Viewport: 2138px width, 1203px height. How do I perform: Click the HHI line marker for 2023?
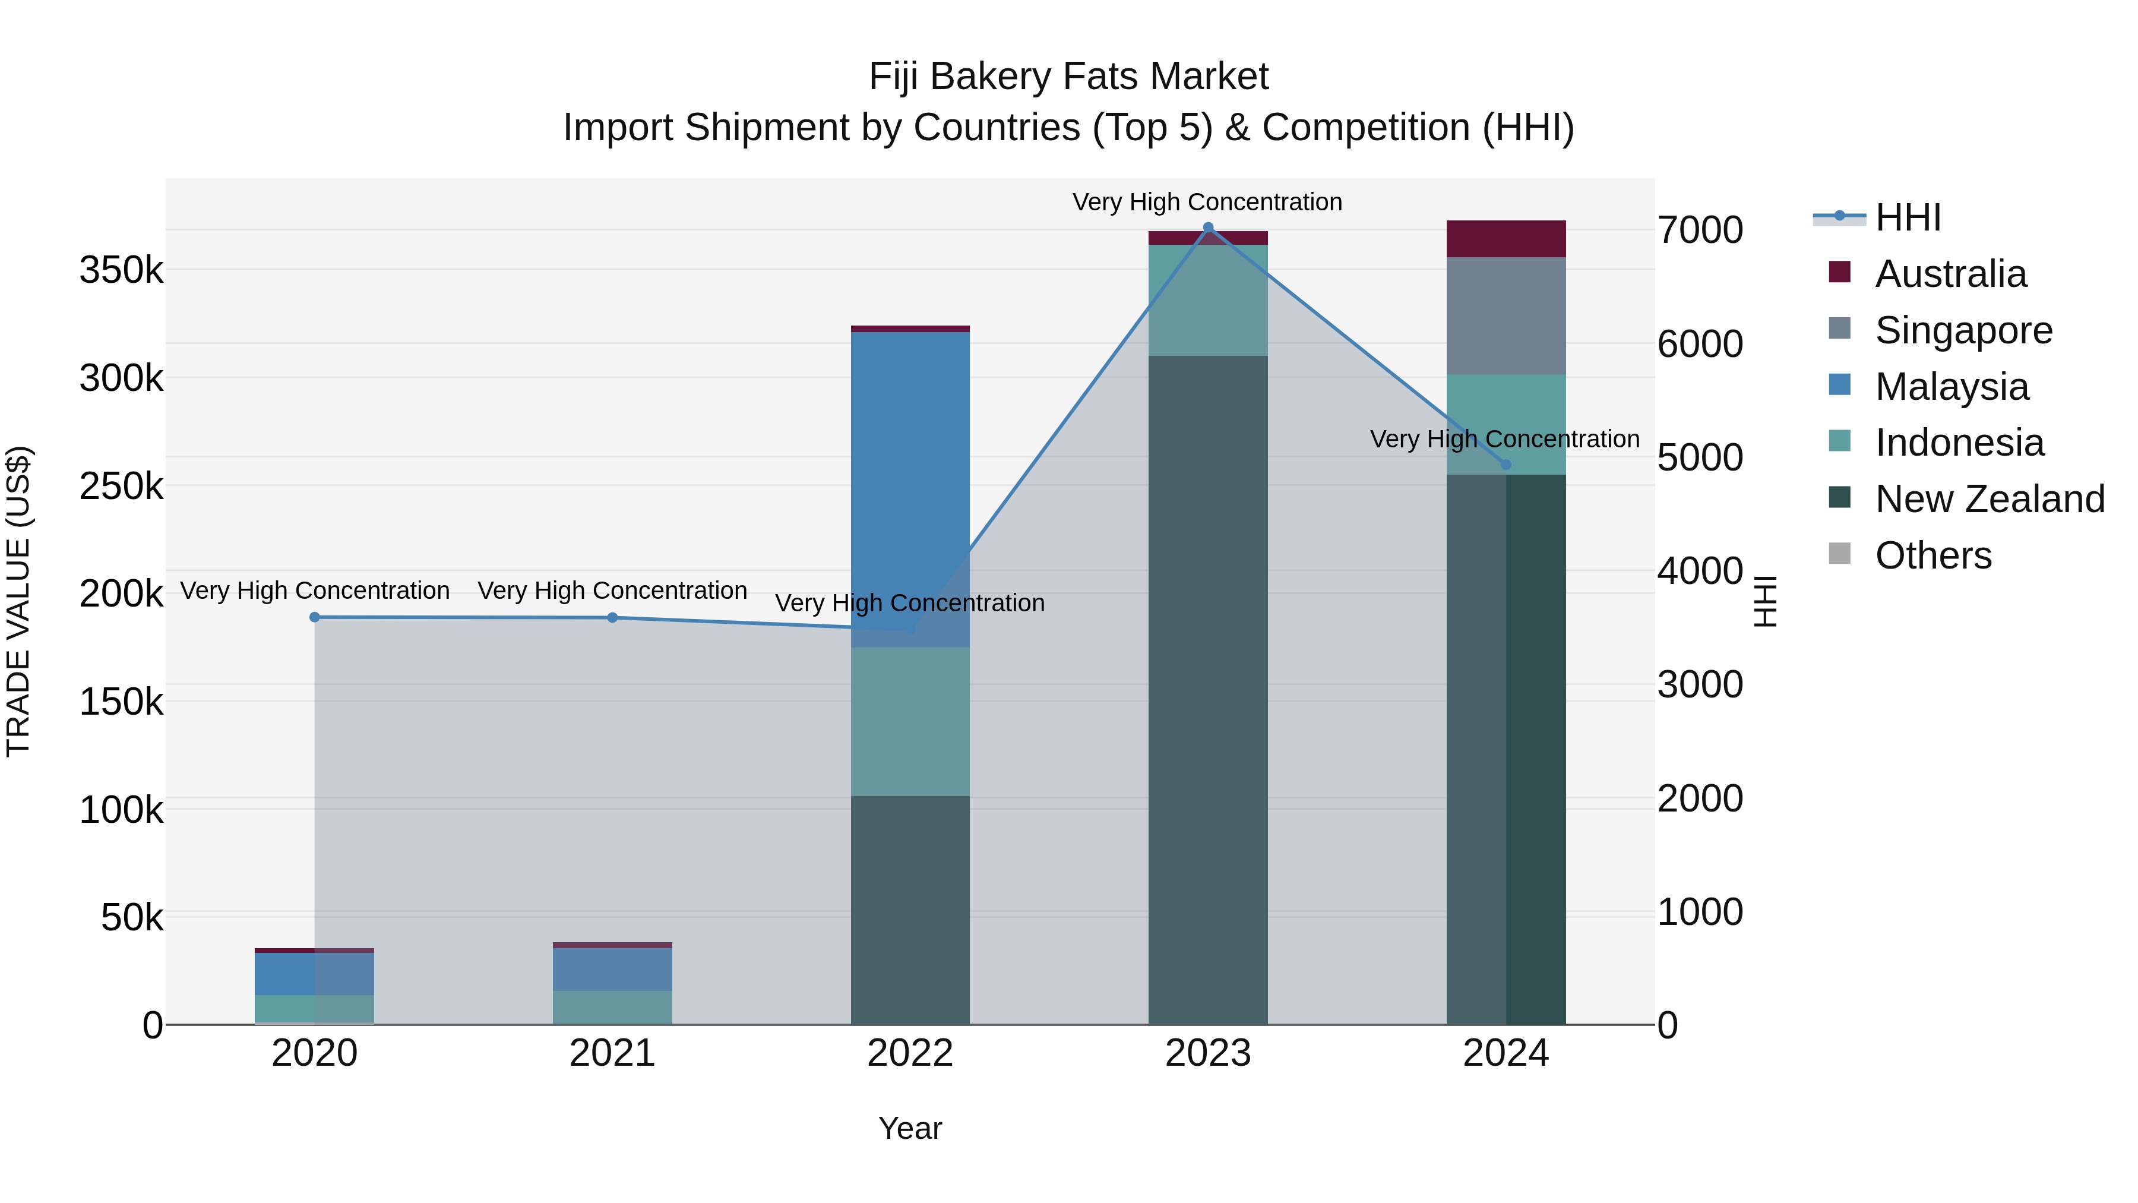point(1207,228)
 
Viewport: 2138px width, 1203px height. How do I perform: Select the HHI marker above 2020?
point(315,617)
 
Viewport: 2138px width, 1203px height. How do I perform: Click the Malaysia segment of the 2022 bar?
point(910,490)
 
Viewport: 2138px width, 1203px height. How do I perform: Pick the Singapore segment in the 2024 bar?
point(1506,315)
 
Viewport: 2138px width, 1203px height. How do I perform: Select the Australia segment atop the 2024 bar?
point(1506,239)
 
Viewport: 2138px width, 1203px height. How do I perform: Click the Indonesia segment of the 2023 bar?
point(1207,301)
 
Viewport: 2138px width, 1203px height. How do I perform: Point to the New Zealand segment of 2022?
point(910,909)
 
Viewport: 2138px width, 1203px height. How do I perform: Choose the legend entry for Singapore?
point(1963,330)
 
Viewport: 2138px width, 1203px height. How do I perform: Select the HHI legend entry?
point(1907,217)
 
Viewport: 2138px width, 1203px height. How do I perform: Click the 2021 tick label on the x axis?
point(612,1053)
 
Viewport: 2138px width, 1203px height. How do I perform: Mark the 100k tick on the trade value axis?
point(121,810)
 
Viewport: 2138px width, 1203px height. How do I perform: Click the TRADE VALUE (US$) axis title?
point(18,601)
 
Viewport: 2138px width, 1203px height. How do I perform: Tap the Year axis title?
point(910,1128)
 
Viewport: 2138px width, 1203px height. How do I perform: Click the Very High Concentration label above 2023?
point(1207,202)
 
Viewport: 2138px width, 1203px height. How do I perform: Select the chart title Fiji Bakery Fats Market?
point(1068,77)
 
